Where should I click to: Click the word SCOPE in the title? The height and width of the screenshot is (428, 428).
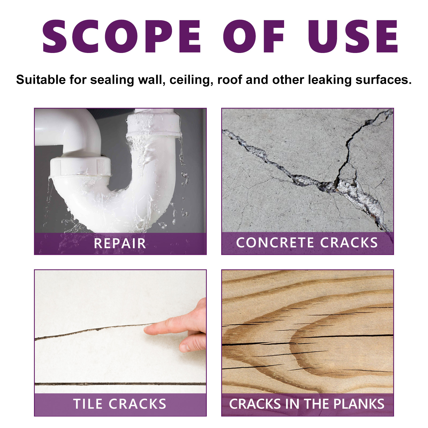(x=122, y=36)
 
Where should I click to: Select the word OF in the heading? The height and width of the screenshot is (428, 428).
(x=254, y=36)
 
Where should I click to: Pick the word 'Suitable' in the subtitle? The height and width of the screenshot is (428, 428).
(x=41, y=80)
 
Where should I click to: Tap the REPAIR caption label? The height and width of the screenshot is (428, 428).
(x=120, y=243)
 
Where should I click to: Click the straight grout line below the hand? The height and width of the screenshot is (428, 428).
(x=120, y=384)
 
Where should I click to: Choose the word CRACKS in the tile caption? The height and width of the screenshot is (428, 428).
(x=137, y=404)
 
